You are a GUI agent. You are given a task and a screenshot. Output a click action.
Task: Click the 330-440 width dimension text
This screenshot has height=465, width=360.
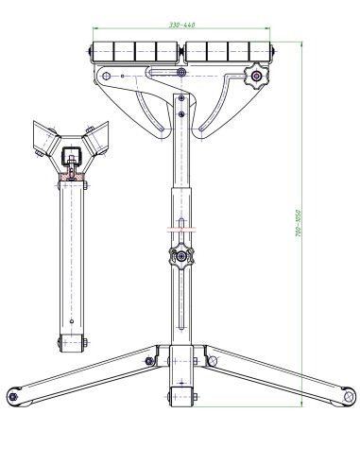(183, 24)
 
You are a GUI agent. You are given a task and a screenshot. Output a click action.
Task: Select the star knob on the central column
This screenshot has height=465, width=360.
(180, 255)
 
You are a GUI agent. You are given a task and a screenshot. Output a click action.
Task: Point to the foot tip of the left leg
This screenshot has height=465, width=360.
(14, 394)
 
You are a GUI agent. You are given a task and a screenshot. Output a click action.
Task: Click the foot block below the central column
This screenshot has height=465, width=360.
(180, 396)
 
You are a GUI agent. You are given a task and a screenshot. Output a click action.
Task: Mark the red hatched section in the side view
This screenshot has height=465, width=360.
(70, 176)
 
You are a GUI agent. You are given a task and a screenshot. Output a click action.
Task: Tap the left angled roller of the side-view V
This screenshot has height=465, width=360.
(43, 139)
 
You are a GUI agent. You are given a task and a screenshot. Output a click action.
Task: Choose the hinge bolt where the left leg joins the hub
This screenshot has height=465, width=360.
(150, 359)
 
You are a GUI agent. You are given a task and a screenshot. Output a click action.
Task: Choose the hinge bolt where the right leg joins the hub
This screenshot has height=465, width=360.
(209, 359)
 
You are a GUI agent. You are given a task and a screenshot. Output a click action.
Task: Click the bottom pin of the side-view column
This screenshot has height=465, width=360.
(70, 342)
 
